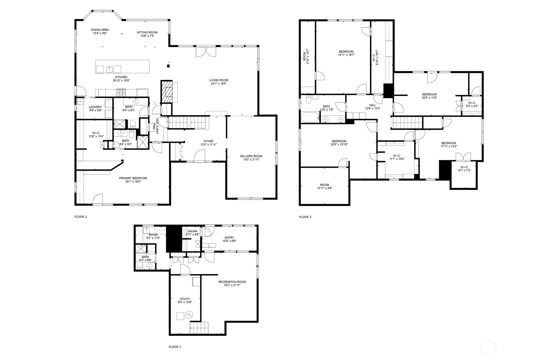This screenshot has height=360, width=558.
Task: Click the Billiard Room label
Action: (x=251, y=156)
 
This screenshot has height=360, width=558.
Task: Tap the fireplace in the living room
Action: (x=167, y=91)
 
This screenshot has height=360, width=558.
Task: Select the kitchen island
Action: (x=123, y=66)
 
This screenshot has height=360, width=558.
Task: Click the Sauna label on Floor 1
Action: (x=192, y=231)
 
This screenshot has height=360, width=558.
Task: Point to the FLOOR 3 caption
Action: (x=305, y=217)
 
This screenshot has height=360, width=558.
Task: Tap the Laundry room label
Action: (x=95, y=107)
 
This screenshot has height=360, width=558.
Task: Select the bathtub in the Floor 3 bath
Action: (x=310, y=118)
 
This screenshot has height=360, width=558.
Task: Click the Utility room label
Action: (x=185, y=299)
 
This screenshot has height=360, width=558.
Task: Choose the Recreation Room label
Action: (x=232, y=282)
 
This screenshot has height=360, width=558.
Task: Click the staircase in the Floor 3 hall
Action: (x=407, y=123)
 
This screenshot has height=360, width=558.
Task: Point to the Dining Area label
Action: (x=100, y=30)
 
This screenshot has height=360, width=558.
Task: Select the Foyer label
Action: (x=208, y=141)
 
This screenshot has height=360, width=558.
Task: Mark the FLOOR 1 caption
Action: (x=175, y=347)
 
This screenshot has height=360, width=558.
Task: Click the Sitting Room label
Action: (x=147, y=32)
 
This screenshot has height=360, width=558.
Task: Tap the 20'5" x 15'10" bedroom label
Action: (x=339, y=141)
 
